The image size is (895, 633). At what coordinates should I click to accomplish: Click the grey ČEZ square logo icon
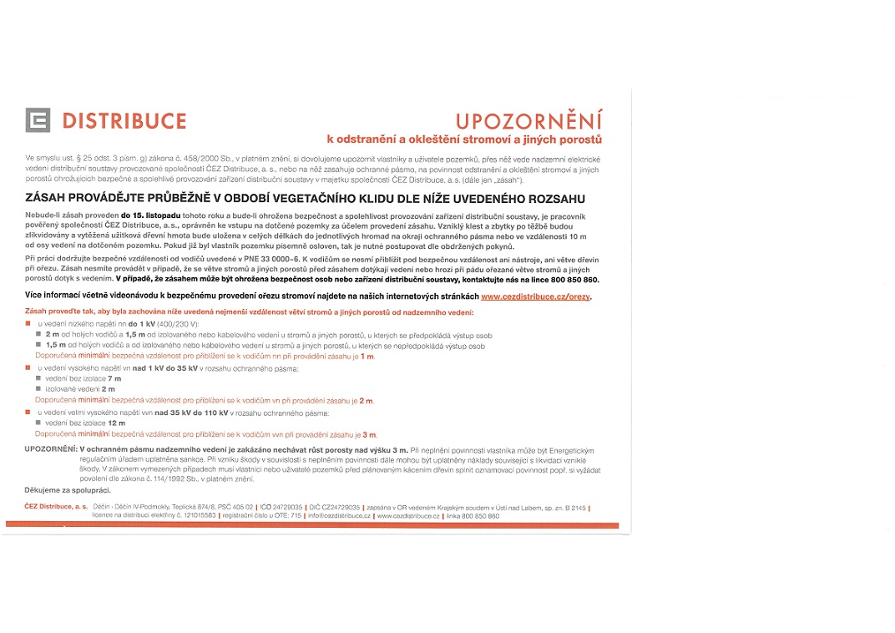[38, 120]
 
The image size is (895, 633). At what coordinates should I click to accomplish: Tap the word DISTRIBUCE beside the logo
[124, 121]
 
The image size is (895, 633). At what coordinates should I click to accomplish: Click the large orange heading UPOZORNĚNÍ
[528, 121]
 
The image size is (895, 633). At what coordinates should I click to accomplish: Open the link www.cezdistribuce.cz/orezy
[535, 296]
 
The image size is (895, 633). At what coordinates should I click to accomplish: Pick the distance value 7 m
[115, 379]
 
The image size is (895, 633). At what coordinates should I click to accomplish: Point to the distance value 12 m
[117, 423]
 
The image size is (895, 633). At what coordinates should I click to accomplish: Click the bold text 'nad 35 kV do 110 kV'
[191, 413]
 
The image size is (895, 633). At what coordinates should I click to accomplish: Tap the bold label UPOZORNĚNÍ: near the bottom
[51, 449]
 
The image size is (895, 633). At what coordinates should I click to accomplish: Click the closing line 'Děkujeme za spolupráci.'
[68, 490]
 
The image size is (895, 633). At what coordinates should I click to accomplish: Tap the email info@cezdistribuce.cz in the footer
[338, 516]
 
